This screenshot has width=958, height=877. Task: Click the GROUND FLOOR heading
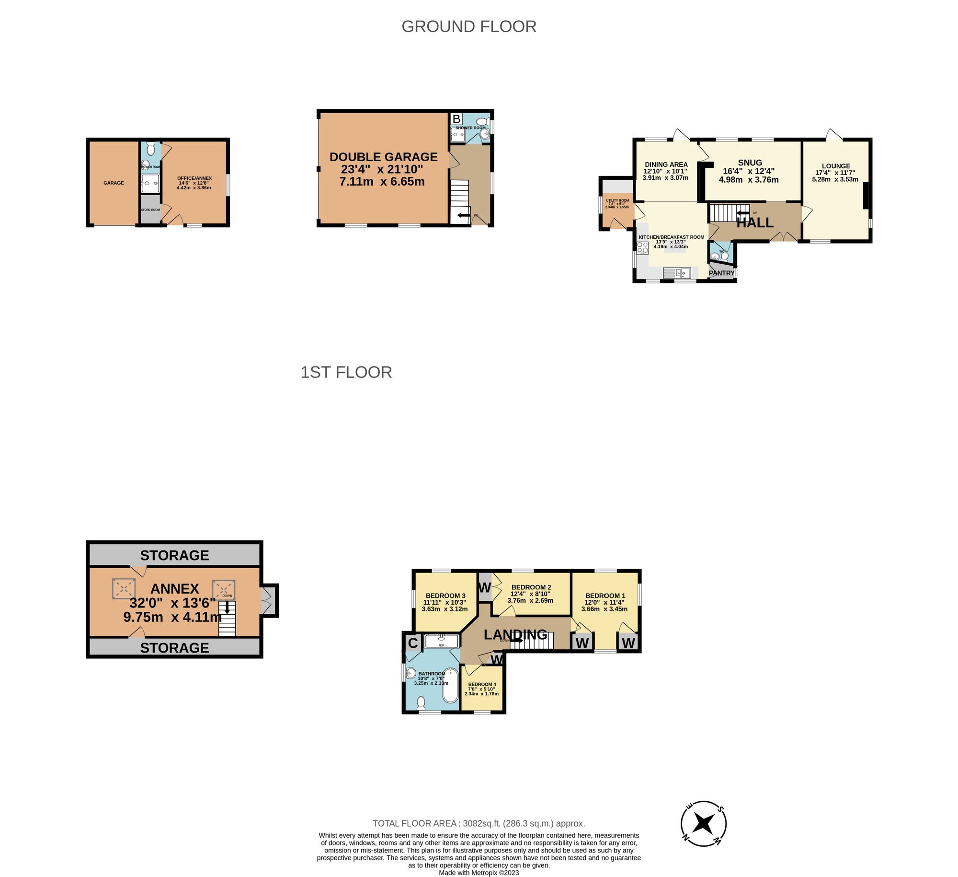click(468, 26)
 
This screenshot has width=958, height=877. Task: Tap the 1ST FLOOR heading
click(346, 372)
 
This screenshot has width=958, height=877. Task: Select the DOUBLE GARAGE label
click(383, 157)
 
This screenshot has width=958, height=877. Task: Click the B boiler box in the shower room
click(456, 119)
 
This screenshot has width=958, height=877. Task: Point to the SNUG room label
click(750, 163)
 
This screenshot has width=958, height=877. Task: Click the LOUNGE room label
click(836, 166)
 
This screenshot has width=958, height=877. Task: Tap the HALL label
click(755, 223)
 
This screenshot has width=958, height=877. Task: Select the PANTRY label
click(721, 273)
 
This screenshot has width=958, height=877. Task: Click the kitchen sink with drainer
click(677, 273)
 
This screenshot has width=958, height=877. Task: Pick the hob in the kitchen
click(642, 247)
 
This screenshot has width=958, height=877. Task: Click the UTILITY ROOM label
click(617, 200)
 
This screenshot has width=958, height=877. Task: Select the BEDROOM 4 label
click(482, 684)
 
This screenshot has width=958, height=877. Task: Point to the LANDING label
click(515, 634)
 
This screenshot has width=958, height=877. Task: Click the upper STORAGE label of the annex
click(174, 555)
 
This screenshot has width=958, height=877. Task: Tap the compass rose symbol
click(704, 824)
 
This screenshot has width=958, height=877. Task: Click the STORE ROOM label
click(150, 210)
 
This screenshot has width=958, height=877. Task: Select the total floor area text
click(479, 823)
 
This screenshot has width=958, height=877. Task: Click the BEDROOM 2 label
click(531, 587)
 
